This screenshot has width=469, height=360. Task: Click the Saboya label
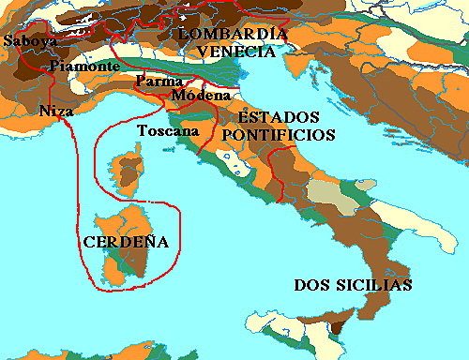pos(29,41)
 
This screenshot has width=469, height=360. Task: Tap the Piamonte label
pos(84,66)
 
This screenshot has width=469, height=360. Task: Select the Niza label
pos(55,111)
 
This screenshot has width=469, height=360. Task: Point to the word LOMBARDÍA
pos(232,34)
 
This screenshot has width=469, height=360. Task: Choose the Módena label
pos(195,96)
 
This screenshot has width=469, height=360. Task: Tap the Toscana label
pos(164,130)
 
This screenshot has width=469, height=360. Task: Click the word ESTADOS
pos(279,118)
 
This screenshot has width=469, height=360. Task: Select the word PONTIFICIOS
pos(279,135)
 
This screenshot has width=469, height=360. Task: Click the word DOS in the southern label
pos(313,285)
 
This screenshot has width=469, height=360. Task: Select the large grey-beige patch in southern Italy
pos(325,194)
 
